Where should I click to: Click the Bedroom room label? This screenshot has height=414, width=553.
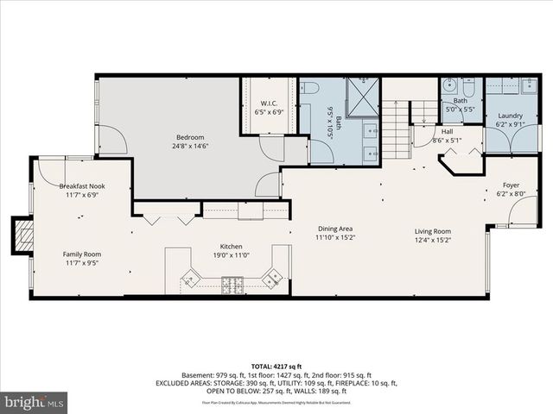(190, 137)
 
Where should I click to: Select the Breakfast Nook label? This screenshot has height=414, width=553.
(81, 186)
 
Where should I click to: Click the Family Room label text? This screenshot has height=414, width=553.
(81, 254)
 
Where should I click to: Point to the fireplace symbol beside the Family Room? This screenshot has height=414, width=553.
(23, 235)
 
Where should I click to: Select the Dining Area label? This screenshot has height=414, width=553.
(334, 228)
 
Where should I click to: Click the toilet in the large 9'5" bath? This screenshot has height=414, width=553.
(310, 87)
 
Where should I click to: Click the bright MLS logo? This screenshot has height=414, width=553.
(34, 401)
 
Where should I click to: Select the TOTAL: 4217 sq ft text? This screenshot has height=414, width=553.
(276, 367)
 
